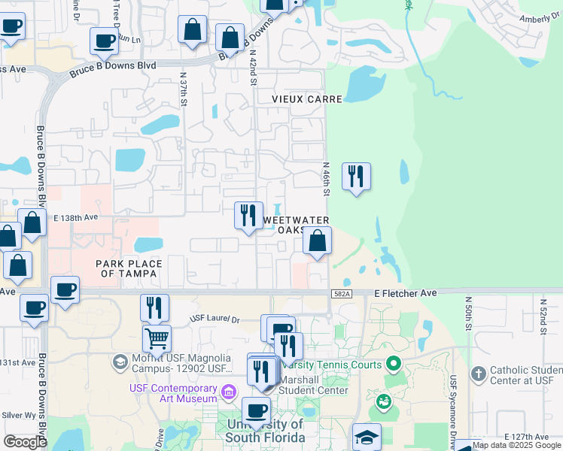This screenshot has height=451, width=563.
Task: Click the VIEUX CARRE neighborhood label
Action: (307, 98)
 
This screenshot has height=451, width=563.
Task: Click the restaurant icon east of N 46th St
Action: (356, 177)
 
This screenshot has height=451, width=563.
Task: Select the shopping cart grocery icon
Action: (157, 338)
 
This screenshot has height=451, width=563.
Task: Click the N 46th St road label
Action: (327, 179)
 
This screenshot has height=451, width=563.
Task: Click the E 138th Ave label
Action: (76, 216)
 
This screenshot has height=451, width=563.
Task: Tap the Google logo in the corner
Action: (25, 441)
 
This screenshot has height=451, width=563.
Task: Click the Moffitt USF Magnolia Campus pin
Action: (120, 363)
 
